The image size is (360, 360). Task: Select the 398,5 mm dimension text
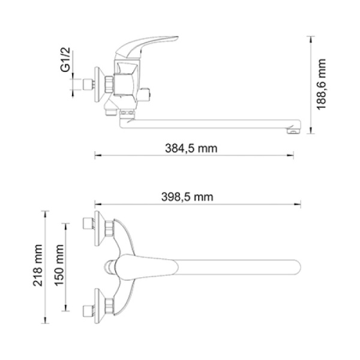pos(188,196)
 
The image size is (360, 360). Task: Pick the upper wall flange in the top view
pos(98,229)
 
